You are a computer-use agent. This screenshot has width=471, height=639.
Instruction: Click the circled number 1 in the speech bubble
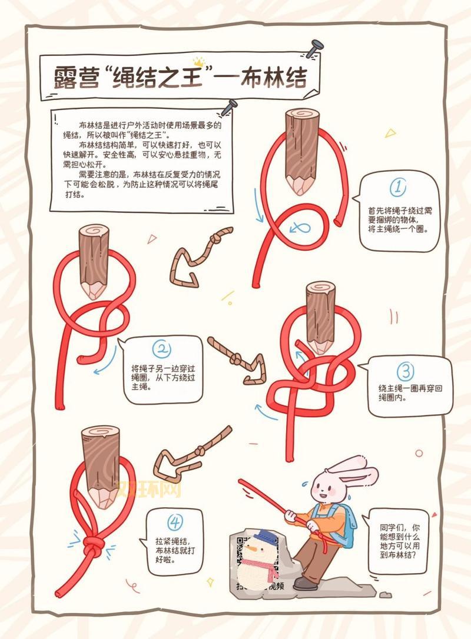tap(398, 188)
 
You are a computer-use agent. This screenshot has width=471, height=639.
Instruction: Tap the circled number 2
tap(161, 350)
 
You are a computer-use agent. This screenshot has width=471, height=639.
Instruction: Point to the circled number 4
tap(175, 522)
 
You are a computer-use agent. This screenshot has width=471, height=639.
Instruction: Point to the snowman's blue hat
tap(263, 537)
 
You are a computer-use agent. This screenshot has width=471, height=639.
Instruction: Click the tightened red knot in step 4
tap(92, 548)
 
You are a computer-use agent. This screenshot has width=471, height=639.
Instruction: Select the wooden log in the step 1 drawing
tap(302, 150)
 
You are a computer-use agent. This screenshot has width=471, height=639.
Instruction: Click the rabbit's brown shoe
tap(305, 583)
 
